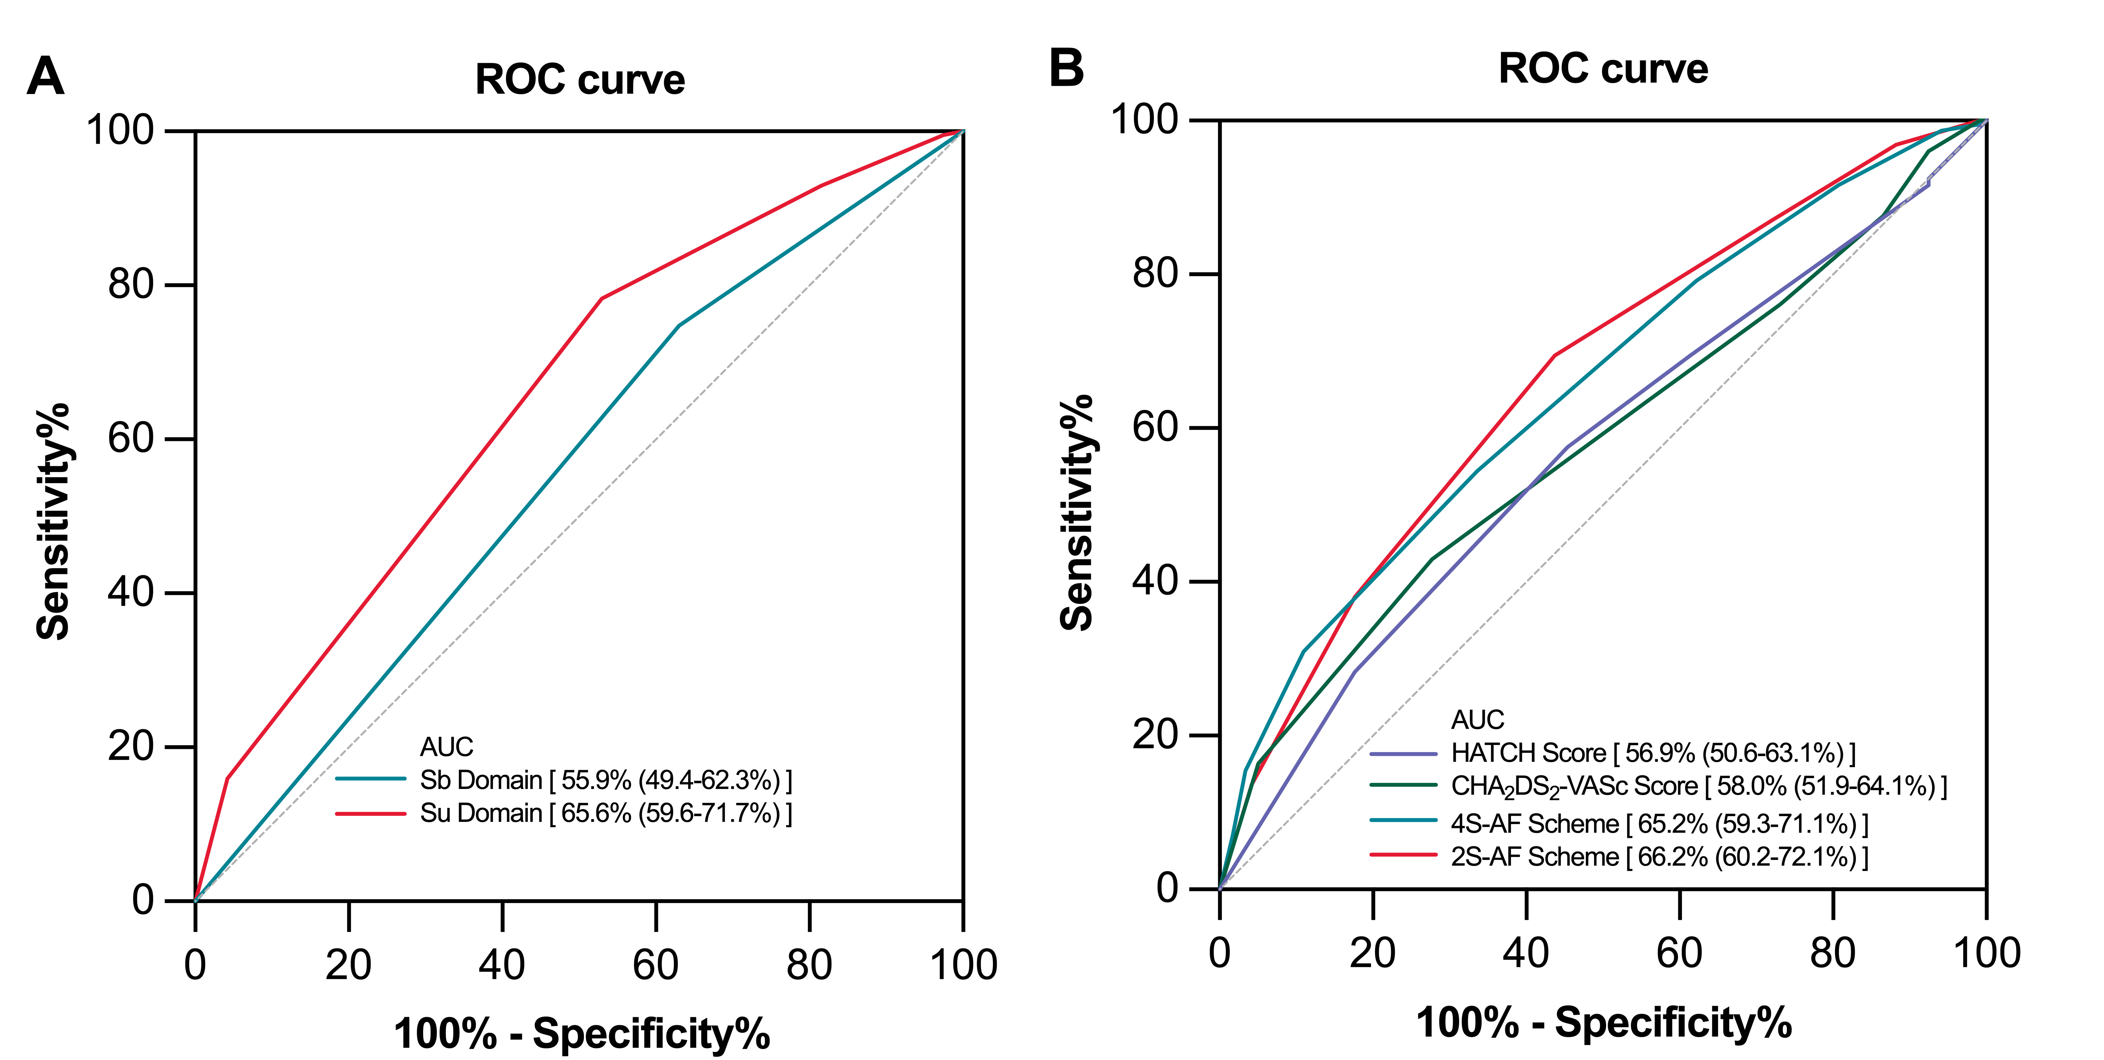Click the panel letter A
click(x=46, y=78)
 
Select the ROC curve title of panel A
click(x=580, y=80)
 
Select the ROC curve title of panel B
click(x=1603, y=69)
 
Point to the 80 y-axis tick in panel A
click(x=131, y=285)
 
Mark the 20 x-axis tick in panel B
click(x=1373, y=953)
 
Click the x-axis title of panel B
click(x=1603, y=1022)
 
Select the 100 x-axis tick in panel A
click(x=964, y=965)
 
